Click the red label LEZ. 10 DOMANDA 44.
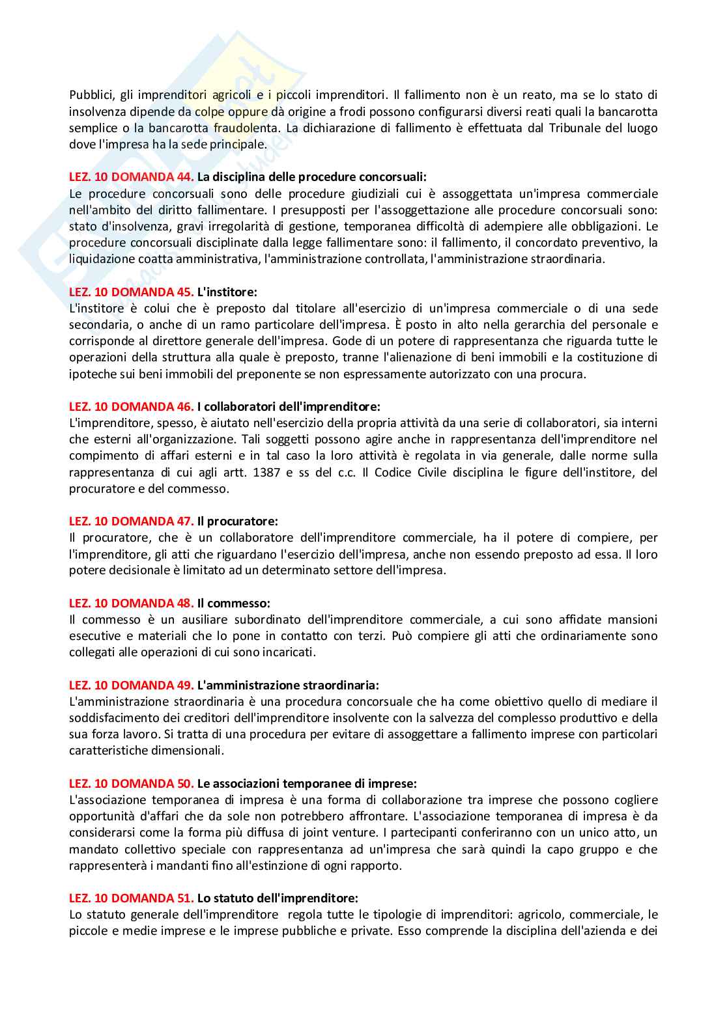coord(131,177)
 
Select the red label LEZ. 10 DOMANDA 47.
coord(131,521)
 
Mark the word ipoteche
coord(90,374)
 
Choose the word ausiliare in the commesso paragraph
coord(186,619)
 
